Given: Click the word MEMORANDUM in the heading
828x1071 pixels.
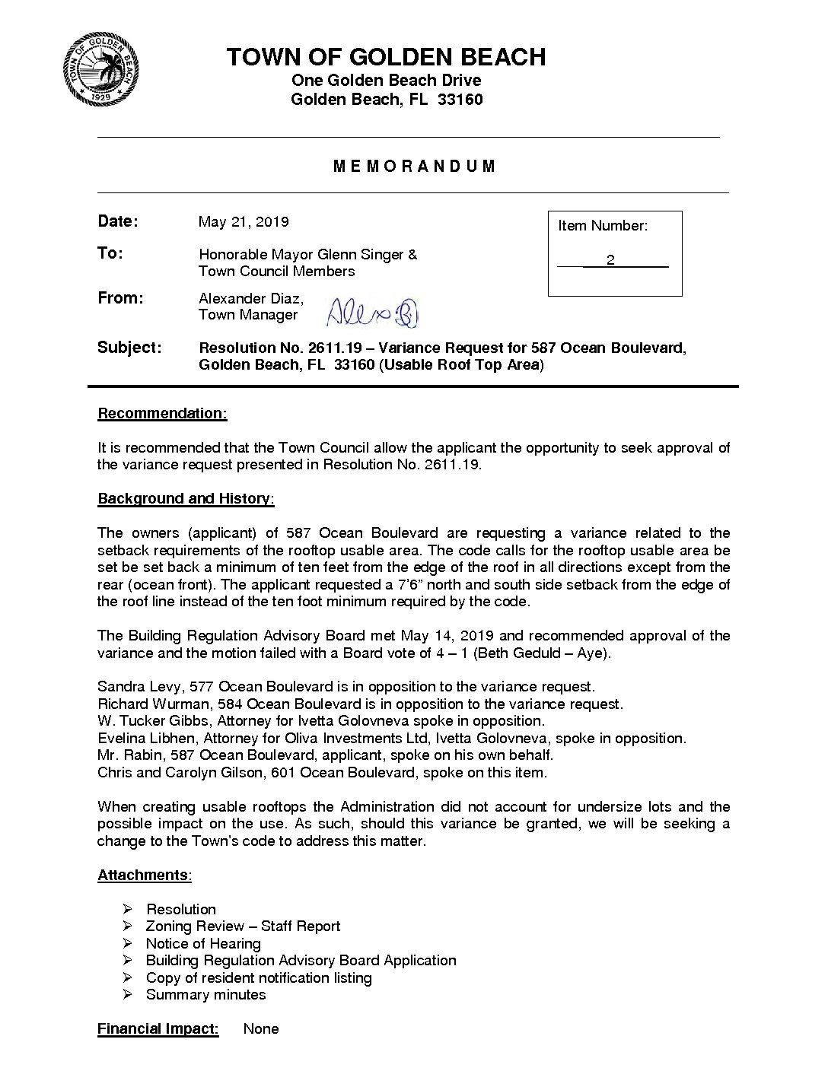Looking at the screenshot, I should click(415, 167).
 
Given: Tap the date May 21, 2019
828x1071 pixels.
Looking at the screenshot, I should click(244, 222).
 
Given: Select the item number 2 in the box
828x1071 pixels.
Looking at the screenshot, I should click(610, 261).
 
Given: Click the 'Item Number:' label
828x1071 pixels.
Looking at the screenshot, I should click(603, 226).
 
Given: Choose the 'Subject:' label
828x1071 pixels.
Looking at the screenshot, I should click(129, 348).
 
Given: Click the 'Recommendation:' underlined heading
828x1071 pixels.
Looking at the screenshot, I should click(162, 413).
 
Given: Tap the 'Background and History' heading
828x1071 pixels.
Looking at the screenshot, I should click(185, 499).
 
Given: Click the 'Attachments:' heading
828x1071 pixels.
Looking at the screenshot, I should click(144, 876).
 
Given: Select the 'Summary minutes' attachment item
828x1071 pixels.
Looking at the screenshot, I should click(205, 995).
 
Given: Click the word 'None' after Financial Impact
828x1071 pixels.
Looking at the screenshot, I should click(261, 1029).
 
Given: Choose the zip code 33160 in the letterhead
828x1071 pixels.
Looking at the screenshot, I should click(460, 100).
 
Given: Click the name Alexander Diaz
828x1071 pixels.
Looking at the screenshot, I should click(250, 298).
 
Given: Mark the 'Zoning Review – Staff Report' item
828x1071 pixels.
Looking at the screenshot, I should click(243, 926).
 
